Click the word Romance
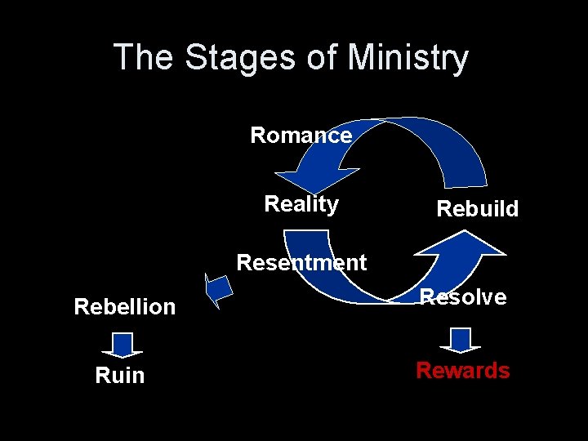pos(301,135)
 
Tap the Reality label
pos(301,204)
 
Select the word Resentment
pos(301,263)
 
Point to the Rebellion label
pos(124,307)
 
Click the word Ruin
pos(119,376)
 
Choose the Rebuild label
pos(477,209)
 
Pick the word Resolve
pos(463,297)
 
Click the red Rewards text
pos(462,371)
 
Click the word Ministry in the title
pos(408,58)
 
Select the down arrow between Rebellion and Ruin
pos(122,345)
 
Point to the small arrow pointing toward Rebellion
pos(218,290)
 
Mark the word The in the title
pos(145,58)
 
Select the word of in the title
pos(323,58)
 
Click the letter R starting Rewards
pos(425,371)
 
